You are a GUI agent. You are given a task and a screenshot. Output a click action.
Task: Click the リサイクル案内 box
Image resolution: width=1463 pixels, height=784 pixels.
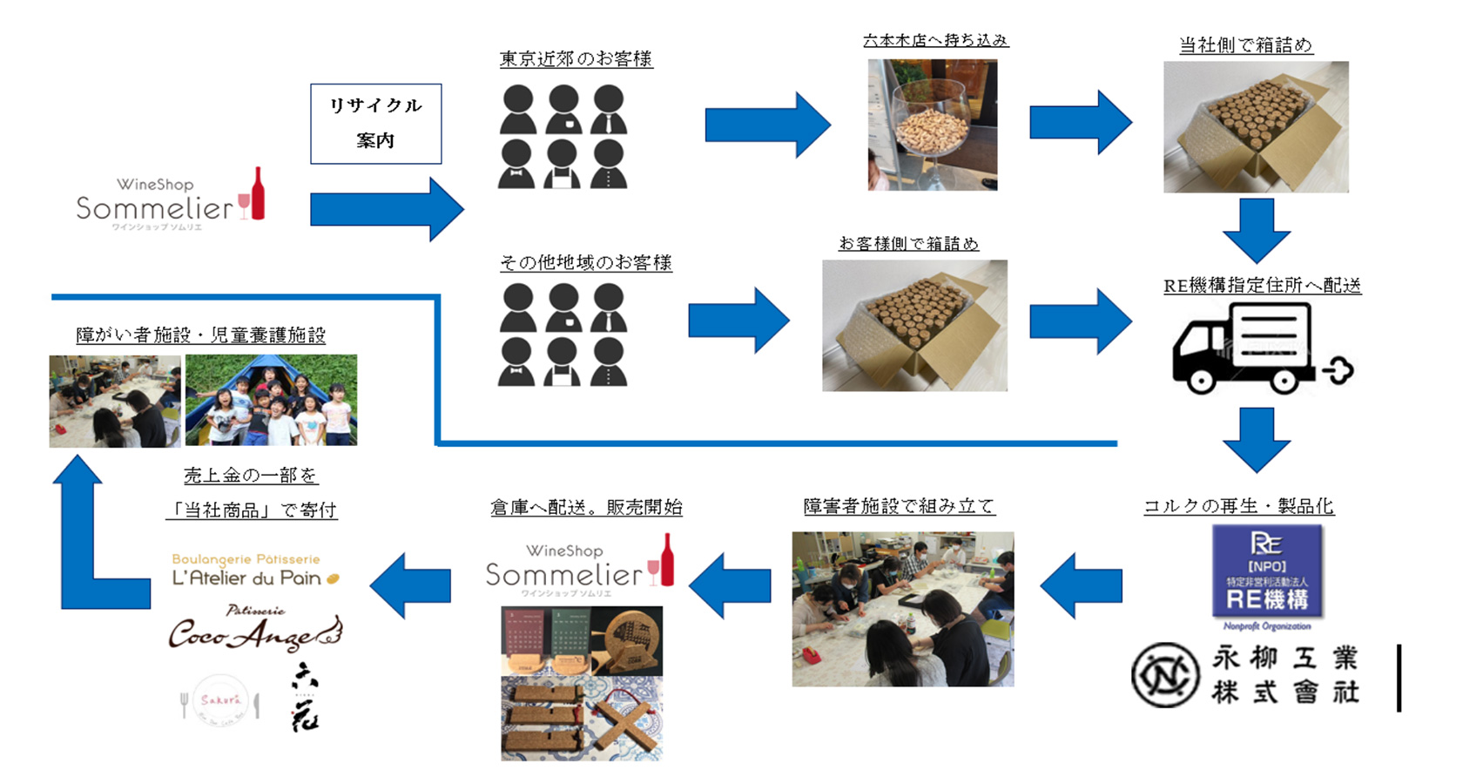click(x=375, y=124)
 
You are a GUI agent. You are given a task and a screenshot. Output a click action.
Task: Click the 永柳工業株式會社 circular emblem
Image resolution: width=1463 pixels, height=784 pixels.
click(x=1164, y=674)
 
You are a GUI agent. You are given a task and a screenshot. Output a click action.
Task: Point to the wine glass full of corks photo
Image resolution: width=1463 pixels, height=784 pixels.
click(x=932, y=125)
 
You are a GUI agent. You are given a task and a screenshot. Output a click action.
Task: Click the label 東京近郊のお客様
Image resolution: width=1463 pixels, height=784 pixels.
click(x=576, y=59)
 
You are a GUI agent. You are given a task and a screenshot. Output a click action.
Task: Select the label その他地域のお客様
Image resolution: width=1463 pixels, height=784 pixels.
click(x=585, y=262)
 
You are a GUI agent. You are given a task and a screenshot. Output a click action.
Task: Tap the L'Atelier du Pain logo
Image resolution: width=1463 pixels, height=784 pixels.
click(x=253, y=571)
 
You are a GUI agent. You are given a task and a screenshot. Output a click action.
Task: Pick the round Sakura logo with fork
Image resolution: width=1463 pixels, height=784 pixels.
click(x=220, y=700)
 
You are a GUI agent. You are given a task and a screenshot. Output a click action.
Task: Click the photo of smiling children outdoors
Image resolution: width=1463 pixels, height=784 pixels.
click(x=271, y=401)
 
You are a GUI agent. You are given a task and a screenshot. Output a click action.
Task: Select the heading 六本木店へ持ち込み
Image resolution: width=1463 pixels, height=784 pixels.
click(x=935, y=40)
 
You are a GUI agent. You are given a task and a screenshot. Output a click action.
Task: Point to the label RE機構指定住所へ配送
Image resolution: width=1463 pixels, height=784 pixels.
click(x=1262, y=286)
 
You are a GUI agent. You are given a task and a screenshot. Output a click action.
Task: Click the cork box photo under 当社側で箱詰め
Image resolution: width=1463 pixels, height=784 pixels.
click(x=1256, y=127)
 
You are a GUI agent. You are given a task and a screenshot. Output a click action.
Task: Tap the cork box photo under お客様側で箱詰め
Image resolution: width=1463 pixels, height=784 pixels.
click(x=914, y=326)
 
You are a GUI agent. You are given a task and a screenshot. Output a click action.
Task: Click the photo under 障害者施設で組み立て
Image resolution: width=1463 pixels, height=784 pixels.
click(x=902, y=609)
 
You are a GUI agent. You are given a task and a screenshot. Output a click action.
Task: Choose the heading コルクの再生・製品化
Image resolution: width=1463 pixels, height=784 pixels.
click(x=1238, y=506)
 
